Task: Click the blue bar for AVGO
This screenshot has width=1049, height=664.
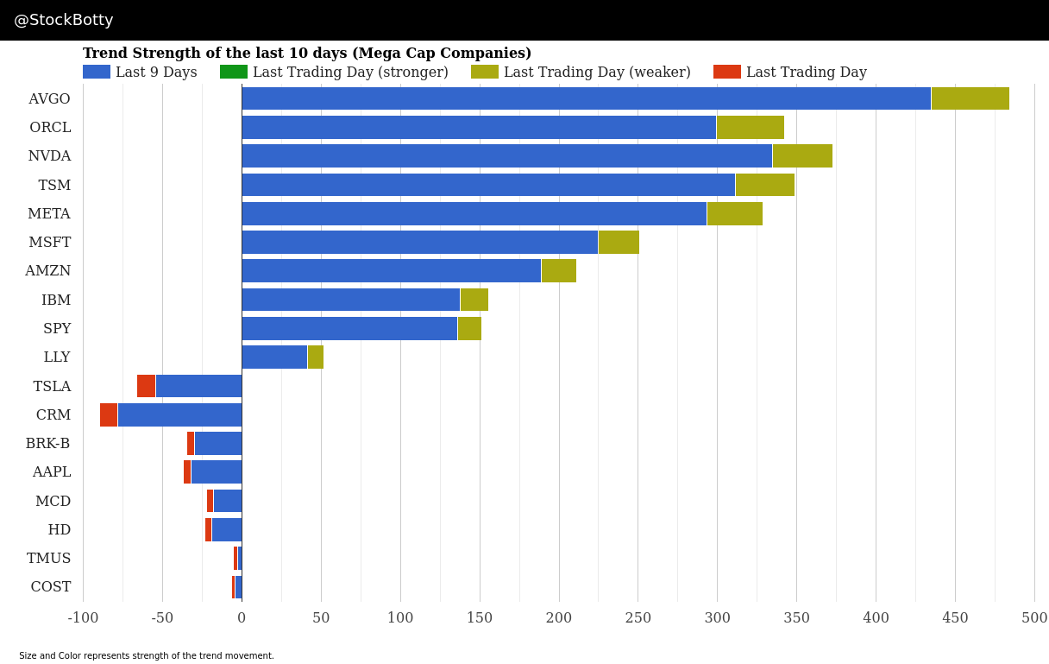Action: click(586, 98)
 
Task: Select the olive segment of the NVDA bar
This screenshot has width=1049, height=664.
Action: click(802, 156)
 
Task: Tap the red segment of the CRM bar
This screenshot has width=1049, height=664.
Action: click(109, 414)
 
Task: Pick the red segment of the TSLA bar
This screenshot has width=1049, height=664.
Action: click(146, 386)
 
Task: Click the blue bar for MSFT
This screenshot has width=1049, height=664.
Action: click(419, 242)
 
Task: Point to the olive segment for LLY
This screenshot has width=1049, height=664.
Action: click(316, 357)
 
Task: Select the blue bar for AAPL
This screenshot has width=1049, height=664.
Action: click(217, 472)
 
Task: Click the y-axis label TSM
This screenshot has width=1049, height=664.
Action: click(54, 185)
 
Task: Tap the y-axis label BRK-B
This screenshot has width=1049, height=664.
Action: click(47, 444)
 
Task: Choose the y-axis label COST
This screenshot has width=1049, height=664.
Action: click(51, 587)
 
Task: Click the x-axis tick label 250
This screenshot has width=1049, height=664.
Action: click(638, 618)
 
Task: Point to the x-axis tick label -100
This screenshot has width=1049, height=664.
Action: click(83, 618)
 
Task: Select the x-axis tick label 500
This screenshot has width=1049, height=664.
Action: click(1034, 618)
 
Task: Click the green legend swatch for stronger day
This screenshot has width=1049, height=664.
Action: click(234, 73)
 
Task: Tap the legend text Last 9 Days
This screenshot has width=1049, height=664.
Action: click(156, 73)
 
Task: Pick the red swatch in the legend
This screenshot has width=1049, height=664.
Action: click(727, 73)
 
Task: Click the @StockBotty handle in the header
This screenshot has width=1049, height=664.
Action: click(64, 20)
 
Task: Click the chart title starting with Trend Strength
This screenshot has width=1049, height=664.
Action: click(307, 54)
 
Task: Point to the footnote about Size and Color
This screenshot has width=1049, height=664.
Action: click(147, 656)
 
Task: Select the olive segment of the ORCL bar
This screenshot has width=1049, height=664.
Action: click(751, 128)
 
